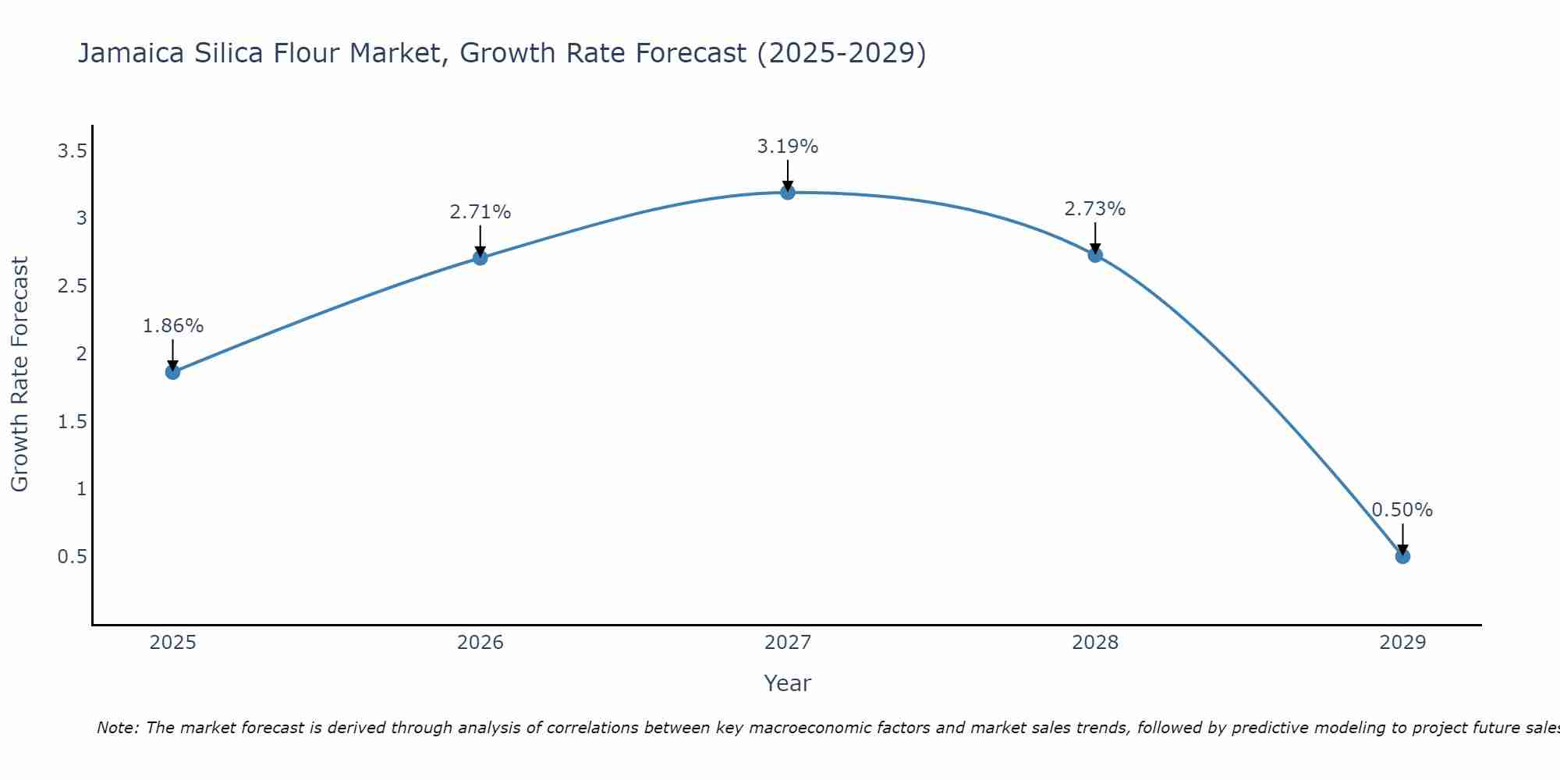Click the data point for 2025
point(172,372)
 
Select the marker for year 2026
point(480,257)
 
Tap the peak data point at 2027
point(788,192)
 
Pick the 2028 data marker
point(1095,255)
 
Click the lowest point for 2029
point(1402,556)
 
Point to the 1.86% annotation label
point(172,326)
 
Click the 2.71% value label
point(480,212)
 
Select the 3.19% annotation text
point(788,147)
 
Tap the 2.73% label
point(1095,209)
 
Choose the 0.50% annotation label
point(1402,510)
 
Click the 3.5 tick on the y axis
point(72,151)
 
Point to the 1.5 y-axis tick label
point(72,422)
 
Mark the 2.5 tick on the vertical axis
point(72,286)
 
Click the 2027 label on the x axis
point(788,643)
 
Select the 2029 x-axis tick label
point(1402,643)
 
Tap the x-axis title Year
point(788,683)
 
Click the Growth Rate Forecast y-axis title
point(19,374)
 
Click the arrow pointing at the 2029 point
point(1402,538)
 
